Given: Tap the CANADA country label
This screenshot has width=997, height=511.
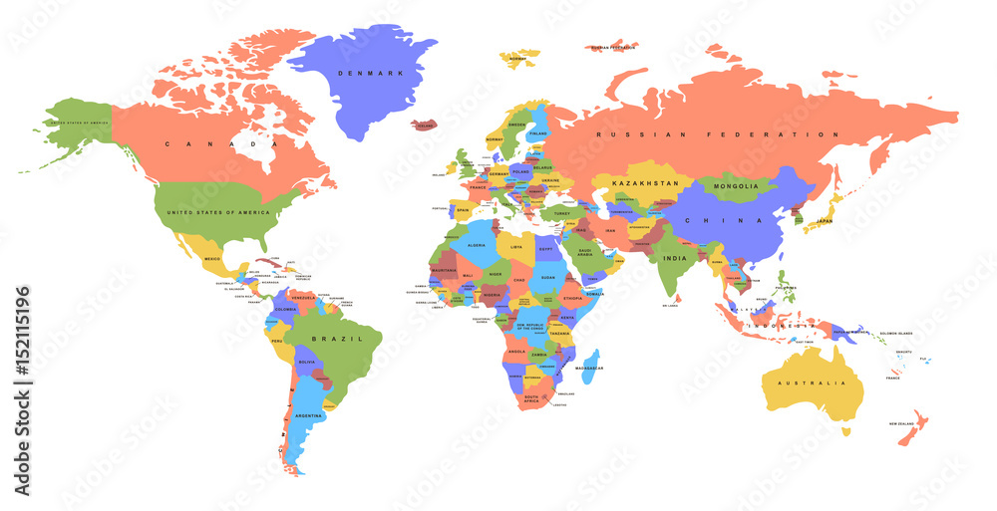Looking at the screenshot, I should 196,144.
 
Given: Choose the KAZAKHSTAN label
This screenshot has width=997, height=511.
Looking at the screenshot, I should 645,183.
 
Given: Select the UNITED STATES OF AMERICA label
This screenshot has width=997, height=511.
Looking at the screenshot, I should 218,212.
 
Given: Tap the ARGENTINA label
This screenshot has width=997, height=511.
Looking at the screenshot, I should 308,414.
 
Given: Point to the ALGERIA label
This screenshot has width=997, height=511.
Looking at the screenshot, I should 477,245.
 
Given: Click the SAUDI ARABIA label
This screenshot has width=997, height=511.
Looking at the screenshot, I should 584,253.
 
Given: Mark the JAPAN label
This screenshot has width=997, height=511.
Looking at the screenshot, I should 825,221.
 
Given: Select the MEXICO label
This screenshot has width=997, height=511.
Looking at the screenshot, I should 212,259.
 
